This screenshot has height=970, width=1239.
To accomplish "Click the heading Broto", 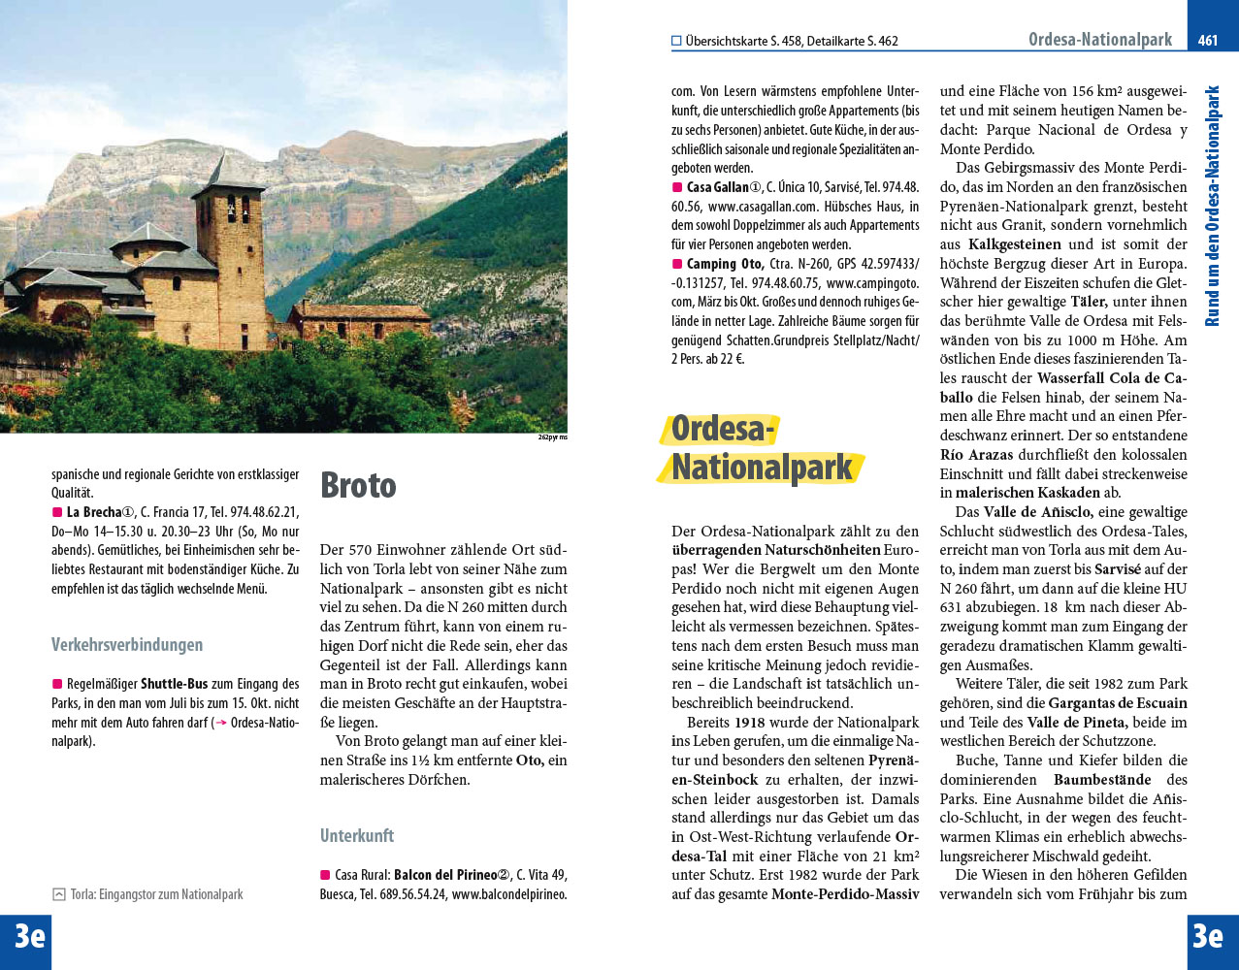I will tap(358, 485).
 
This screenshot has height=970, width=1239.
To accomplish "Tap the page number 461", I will tap(1208, 40).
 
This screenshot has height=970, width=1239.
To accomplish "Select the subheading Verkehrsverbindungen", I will tap(127, 645).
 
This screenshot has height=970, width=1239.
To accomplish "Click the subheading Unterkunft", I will tap(357, 835).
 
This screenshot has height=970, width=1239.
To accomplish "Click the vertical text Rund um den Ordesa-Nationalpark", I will tap(1212, 206).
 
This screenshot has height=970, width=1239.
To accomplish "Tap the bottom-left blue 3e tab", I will tap(27, 937).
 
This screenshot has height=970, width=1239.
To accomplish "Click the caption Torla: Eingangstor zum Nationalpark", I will tap(156, 894).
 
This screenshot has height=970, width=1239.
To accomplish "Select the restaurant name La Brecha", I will tap(93, 512).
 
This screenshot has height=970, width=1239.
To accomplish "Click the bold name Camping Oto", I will tap(725, 264).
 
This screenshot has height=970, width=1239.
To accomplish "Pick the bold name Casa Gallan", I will tap(717, 187).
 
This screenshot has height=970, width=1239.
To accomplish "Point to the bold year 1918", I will tap(749, 723).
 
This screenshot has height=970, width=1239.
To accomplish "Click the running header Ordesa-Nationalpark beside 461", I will tap(1100, 40).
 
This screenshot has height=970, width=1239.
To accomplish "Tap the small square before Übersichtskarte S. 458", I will tap(676, 41).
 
